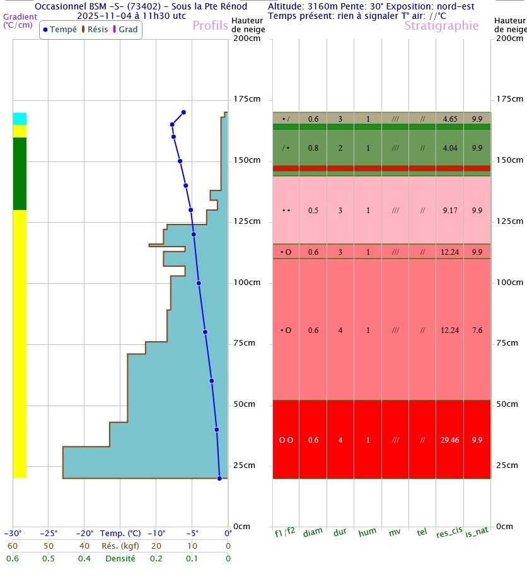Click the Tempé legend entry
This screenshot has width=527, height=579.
pyautogui.click(x=59, y=30)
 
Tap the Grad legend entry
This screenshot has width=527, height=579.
pyautogui.click(x=125, y=30)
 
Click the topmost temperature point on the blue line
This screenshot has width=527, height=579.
pyautogui.click(x=183, y=112)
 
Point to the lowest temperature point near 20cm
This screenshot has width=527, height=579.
pyautogui.click(x=219, y=478)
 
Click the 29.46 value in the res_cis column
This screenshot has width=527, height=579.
pyautogui.click(x=449, y=440)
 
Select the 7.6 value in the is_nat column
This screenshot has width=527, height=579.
pyautogui.click(x=477, y=330)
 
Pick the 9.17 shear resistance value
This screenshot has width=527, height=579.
pyautogui.click(x=449, y=211)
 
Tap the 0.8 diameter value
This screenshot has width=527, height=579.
pyautogui.click(x=313, y=148)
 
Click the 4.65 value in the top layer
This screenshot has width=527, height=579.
pyautogui.click(x=449, y=119)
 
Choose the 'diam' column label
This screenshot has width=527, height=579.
pyautogui.click(x=313, y=533)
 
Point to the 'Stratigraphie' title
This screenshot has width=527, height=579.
pyautogui.click(x=441, y=26)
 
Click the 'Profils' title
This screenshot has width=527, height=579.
pyautogui.click(x=211, y=26)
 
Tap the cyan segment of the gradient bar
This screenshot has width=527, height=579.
pyautogui.click(x=20, y=119)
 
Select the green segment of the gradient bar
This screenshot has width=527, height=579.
pyautogui.click(x=20, y=173)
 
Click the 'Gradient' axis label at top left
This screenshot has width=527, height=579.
pyautogui.click(x=20, y=16)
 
